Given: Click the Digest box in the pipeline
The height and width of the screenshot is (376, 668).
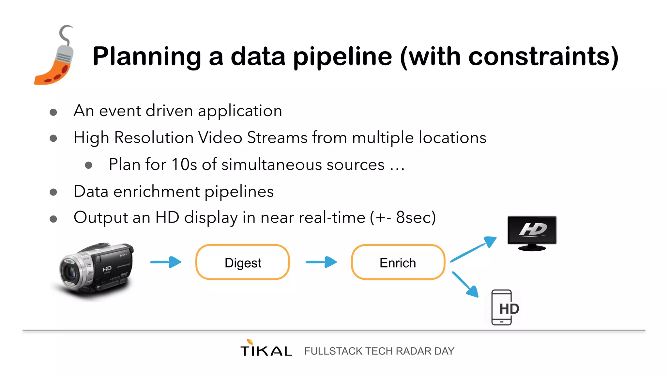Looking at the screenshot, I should click(x=242, y=262).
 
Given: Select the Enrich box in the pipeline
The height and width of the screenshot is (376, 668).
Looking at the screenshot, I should click(x=398, y=262).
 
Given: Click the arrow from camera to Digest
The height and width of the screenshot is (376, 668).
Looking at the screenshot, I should click(x=166, y=262).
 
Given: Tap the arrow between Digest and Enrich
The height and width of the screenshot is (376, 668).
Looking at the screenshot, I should click(x=321, y=262).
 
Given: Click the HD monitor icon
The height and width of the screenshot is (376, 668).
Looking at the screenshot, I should click(x=532, y=233).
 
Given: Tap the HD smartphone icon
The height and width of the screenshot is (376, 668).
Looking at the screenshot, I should click(x=502, y=307).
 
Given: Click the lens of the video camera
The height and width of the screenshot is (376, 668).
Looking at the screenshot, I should click(x=70, y=272).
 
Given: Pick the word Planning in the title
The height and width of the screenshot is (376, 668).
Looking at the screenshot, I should click(x=147, y=57).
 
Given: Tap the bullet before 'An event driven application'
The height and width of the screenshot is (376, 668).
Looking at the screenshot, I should click(x=53, y=112).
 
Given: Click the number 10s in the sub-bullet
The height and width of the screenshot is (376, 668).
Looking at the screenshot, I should click(x=184, y=164).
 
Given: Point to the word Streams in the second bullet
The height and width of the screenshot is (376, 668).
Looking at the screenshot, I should click(x=277, y=137).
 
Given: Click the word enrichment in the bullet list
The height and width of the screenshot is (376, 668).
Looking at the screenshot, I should click(x=157, y=192).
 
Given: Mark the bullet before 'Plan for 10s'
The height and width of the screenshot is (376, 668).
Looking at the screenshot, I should click(x=88, y=165).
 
